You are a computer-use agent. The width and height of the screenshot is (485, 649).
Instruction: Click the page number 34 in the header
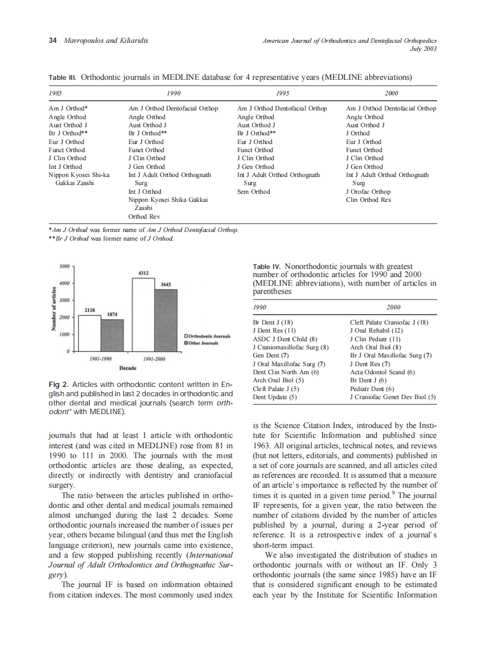(x=52, y=41)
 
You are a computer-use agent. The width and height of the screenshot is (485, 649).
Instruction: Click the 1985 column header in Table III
(x=56, y=93)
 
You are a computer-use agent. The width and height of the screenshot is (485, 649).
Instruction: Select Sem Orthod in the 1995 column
(x=253, y=191)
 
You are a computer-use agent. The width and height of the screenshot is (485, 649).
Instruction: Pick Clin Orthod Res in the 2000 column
(x=368, y=200)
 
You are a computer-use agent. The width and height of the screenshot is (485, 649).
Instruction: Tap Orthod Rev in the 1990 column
(x=144, y=216)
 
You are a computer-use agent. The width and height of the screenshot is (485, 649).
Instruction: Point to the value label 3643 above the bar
(x=166, y=284)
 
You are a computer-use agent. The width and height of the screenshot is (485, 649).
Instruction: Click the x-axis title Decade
(x=128, y=368)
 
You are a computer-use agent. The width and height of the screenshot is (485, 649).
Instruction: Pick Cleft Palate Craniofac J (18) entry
(x=388, y=322)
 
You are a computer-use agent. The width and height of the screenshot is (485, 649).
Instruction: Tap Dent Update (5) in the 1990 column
(x=275, y=397)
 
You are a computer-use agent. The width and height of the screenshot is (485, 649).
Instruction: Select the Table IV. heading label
(x=267, y=267)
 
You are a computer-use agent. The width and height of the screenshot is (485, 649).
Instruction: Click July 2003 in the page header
(x=422, y=49)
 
